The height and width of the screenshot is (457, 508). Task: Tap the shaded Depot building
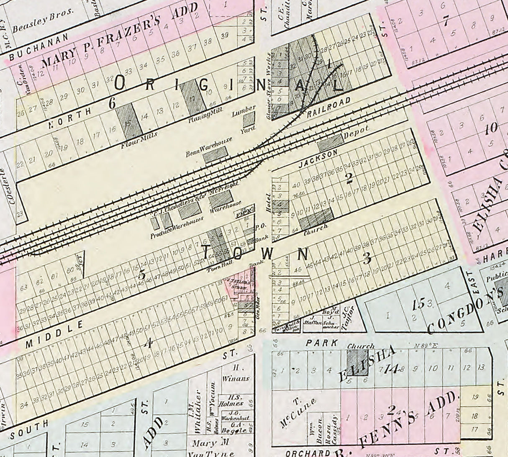click(x=331, y=143)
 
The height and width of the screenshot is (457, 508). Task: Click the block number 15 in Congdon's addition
click(x=418, y=305)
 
